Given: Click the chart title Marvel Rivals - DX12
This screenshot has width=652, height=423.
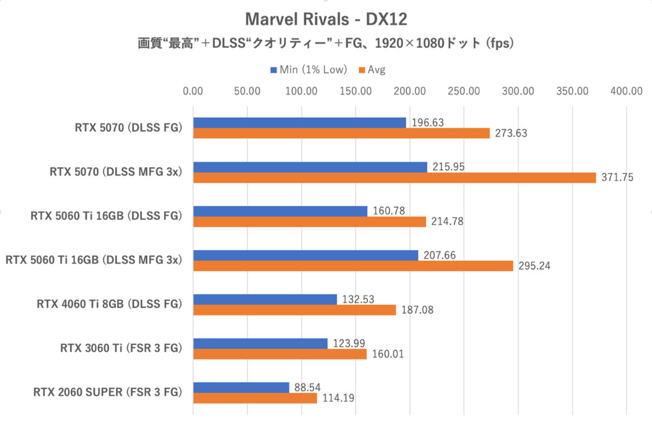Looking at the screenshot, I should click(326, 20).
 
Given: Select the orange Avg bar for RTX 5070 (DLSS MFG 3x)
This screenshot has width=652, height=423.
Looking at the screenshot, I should click(394, 177).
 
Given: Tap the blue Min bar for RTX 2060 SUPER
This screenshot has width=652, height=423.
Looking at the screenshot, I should click(241, 388).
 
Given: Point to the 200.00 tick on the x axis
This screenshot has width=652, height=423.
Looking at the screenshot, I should click(410, 91).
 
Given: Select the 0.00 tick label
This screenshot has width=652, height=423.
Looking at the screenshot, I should click(193, 91).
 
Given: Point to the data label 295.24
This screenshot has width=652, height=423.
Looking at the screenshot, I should click(535, 266).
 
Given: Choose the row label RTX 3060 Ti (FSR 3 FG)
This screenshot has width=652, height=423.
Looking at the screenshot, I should click(120, 348).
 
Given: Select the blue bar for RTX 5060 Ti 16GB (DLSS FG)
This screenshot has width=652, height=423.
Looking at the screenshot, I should click(280, 211).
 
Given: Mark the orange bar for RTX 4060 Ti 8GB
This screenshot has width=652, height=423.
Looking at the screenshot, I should click(294, 310).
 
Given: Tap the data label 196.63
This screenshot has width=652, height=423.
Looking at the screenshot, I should click(428, 123).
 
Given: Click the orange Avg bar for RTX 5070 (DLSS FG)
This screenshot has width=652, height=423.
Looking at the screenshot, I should click(341, 133).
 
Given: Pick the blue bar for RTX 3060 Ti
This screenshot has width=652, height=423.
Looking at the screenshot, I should click(260, 343).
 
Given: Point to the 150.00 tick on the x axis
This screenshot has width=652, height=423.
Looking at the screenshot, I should click(356, 91).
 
